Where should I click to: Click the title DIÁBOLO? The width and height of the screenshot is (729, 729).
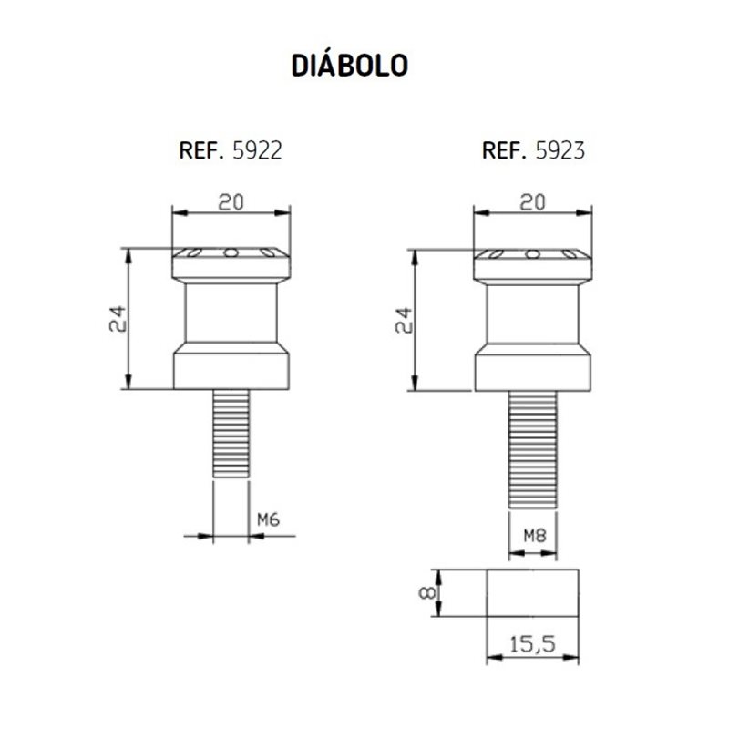tap(349, 67)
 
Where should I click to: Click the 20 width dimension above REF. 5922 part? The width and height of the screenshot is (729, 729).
tap(231, 202)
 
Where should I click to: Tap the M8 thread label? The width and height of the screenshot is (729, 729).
tap(531, 534)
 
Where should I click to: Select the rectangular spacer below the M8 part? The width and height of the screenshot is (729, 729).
tap(532, 592)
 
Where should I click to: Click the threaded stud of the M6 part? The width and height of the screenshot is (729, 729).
tap(231, 434)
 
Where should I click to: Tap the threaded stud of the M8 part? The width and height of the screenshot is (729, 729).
tap(531, 447)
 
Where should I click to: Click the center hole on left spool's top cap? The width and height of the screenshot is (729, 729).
tap(231, 252)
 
